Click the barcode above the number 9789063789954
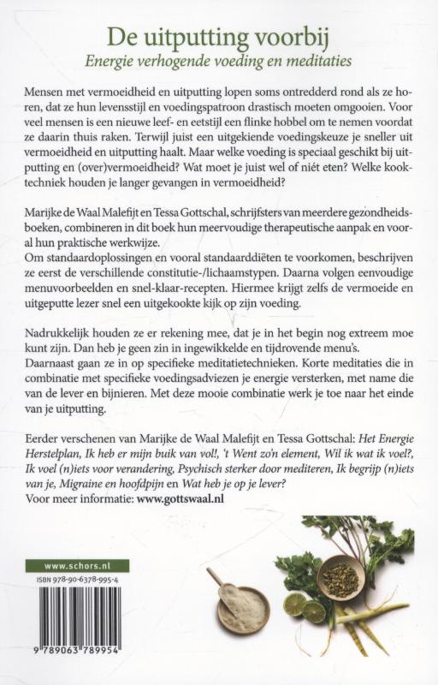coord(77,624)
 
